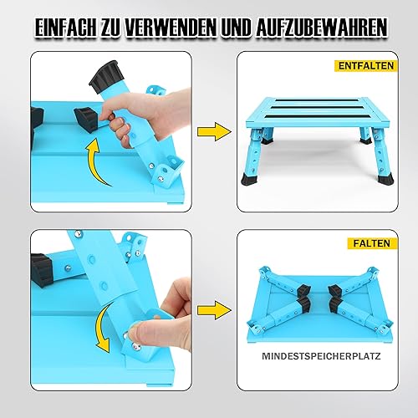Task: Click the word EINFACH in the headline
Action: pos(65,28)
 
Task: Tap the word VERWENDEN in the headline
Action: pos(171,28)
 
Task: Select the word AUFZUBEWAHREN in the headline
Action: pos(321,28)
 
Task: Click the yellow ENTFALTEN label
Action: pos(366,66)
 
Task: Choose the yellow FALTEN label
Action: pos(372,243)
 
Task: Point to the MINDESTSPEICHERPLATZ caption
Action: pos(321,356)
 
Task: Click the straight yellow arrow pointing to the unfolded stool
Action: pos(214,131)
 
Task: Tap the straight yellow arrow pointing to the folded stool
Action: pos(214,310)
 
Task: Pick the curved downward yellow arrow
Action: pos(99,326)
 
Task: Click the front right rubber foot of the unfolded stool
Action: pos(385,179)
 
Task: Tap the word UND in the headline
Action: pos(237,28)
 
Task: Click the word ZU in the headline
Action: pos(110,28)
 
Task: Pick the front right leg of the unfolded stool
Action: pos(382,157)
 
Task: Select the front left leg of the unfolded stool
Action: pos(253,157)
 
